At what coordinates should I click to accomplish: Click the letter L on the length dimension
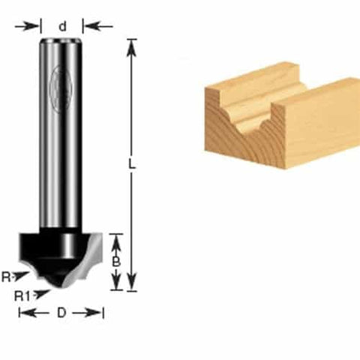tap(133, 166)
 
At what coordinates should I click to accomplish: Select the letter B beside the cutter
tap(116, 262)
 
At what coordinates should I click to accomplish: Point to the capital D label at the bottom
tap(61, 312)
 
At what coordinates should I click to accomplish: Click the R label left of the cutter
tap(6, 277)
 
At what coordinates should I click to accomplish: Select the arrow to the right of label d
tap(96, 25)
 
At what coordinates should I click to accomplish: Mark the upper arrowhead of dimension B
tap(116, 239)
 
